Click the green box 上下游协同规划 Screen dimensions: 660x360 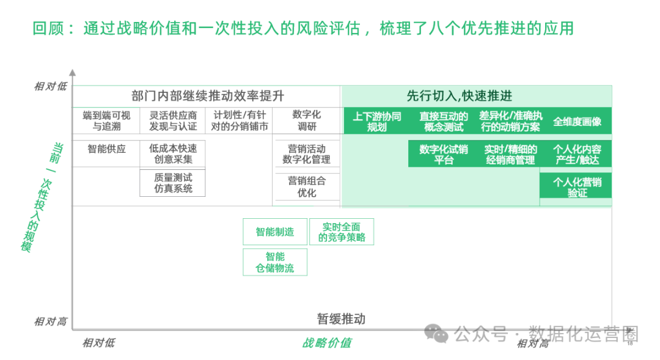tap(376, 122)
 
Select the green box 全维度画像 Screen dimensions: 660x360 tap(577, 122)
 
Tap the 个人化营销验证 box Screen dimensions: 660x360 tap(577, 187)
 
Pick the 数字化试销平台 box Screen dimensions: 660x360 tap(444, 155)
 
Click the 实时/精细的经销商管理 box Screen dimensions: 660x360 tap(510, 155)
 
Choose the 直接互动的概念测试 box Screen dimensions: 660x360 tap(444, 122)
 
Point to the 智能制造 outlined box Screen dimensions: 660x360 tap(275, 232)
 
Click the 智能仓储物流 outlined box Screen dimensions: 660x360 tap(275, 262)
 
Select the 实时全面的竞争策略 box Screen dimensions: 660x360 tap(342, 232)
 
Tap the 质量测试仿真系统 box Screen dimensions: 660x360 tap(173, 183)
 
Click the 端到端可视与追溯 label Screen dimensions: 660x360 tap(106, 121)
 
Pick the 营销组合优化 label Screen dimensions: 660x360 tap(307, 186)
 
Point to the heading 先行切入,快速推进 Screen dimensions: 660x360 tap(459, 96)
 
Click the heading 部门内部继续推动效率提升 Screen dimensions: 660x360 tap(208, 96)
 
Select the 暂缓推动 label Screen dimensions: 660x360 tap(341, 318)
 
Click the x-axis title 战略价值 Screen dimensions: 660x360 tap(327, 342)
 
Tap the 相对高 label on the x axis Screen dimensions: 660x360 tap(532, 343)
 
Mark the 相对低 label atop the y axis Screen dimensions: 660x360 tap(50, 87)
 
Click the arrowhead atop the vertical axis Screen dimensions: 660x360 tap(72, 73)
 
